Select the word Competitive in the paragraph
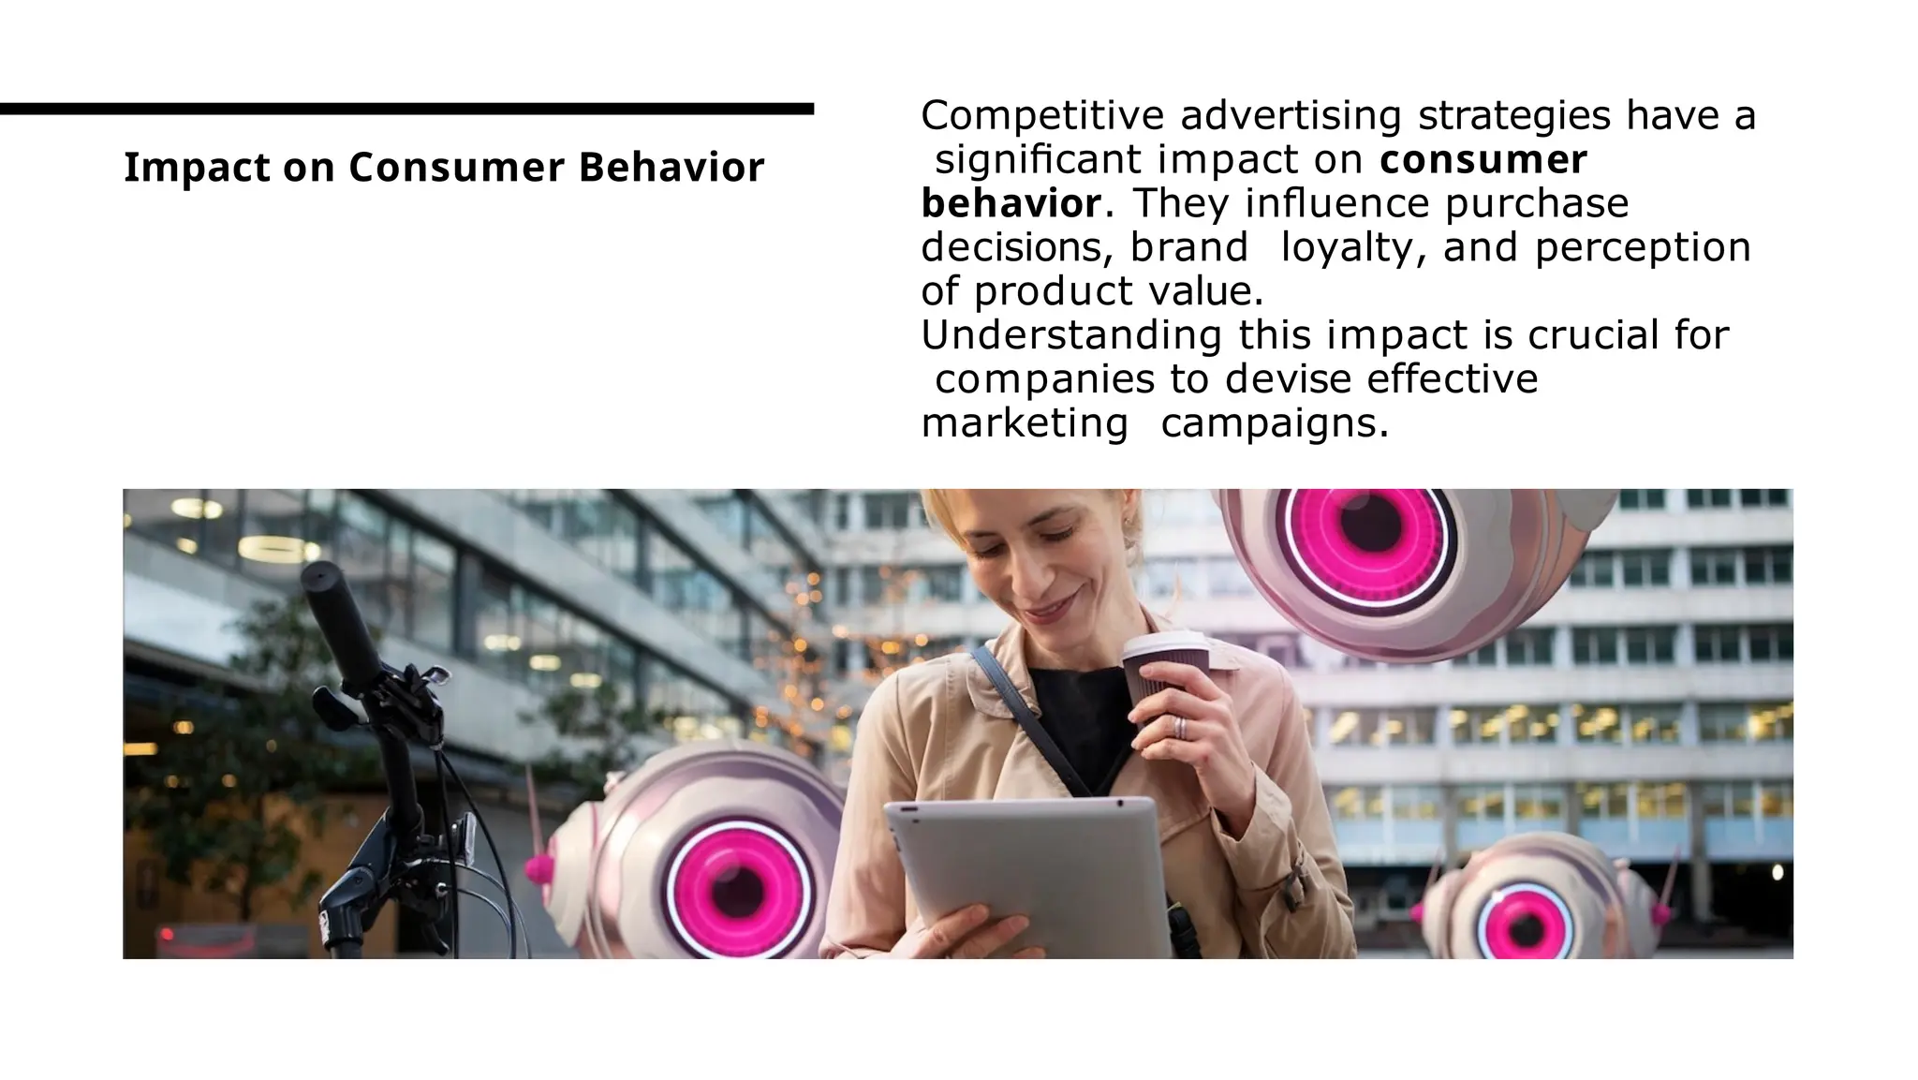(1042, 116)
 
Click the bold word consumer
(1483, 159)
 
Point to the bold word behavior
(1011, 203)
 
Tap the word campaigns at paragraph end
(1274, 423)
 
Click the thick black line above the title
(406, 110)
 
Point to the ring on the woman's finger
(1180, 728)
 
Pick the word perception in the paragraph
(1643, 247)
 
